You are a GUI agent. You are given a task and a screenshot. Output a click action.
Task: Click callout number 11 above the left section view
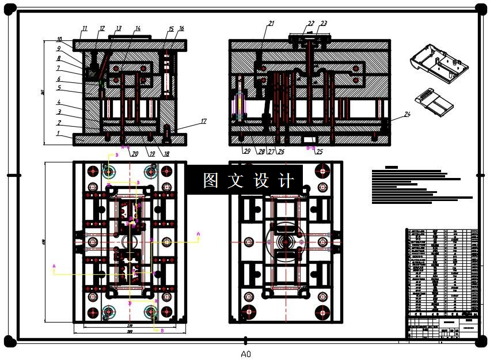tap(84, 28)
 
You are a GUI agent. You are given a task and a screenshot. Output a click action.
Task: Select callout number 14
tap(138, 28)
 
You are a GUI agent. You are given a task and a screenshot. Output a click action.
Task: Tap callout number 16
tap(181, 28)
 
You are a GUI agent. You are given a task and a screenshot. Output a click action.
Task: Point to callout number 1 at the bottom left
tap(58, 133)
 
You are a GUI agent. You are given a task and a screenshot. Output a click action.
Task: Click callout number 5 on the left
tap(58, 88)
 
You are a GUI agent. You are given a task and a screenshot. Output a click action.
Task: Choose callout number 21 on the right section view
tap(271, 24)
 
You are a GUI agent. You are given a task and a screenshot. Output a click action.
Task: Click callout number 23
tap(324, 24)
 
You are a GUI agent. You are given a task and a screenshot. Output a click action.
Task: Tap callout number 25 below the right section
tap(320, 153)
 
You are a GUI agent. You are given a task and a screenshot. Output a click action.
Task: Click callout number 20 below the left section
tap(134, 154)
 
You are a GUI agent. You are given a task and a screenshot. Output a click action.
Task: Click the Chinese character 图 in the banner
tap(210, 180)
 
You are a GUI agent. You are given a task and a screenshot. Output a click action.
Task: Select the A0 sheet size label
tap(246, 354)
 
